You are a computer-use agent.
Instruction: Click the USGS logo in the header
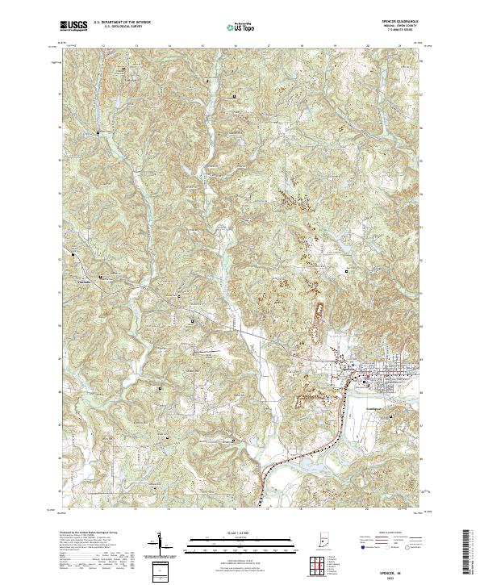point(73,27)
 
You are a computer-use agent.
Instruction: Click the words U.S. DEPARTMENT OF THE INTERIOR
point(122,23)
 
